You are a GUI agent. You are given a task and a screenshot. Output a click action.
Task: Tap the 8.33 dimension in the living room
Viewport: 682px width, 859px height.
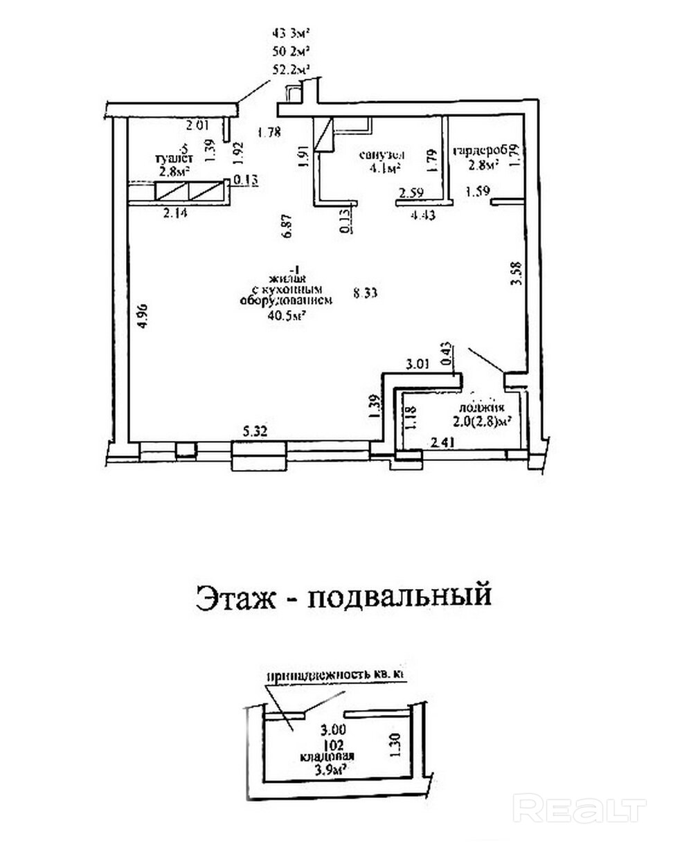(365, 293)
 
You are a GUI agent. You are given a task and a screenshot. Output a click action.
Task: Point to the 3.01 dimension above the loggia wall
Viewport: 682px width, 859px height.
(418, 363)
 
